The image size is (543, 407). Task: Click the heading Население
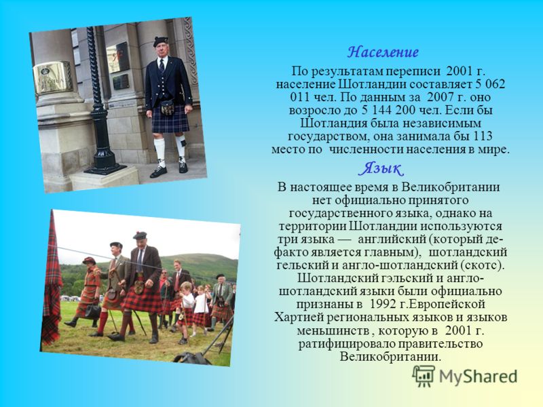(383, 52)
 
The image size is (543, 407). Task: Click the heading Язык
(381, 169)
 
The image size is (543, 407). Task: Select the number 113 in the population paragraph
(483, 136)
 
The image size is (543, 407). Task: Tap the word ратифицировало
(346, 344)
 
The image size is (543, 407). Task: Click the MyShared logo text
(479, 376)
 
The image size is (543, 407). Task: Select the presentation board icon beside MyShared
(424, 376)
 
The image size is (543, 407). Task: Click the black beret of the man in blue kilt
(161, 41)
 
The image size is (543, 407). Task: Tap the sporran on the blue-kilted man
(167, 108)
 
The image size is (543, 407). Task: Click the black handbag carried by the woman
(93, 312)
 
